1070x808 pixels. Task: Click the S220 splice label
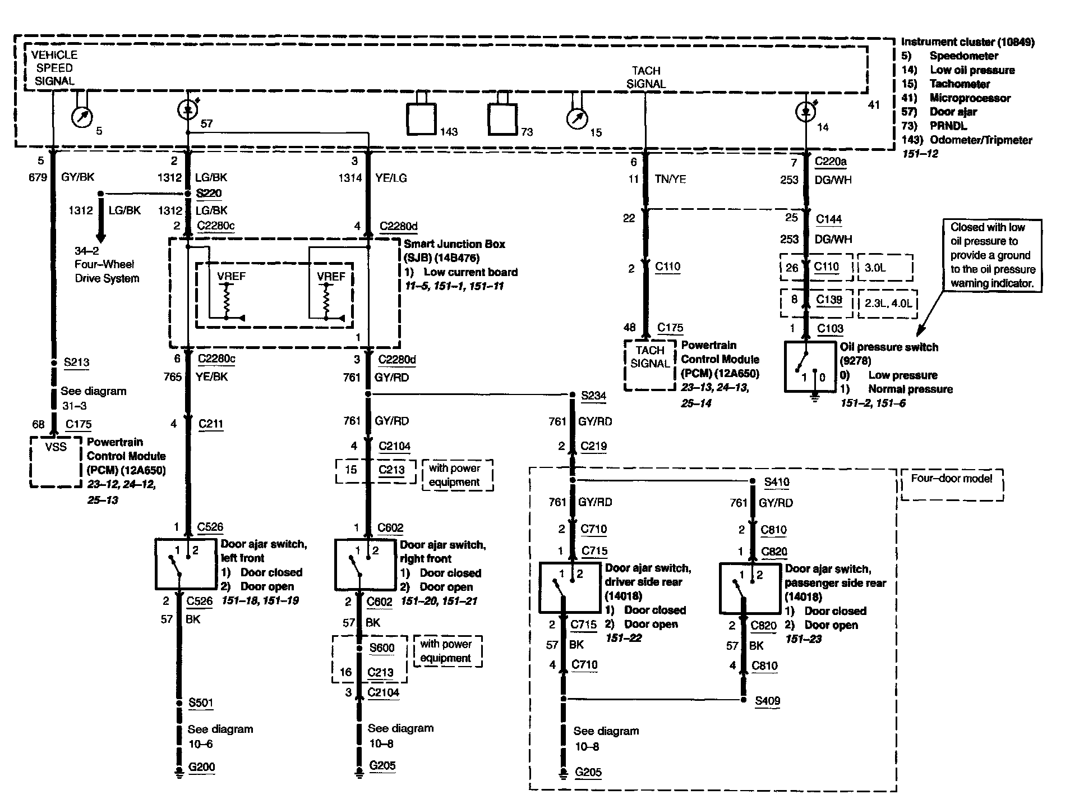[x=209, y=194]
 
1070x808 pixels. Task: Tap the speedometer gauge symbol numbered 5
[x=82, y=117]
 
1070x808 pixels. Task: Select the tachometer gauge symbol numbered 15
[x=577, y=119]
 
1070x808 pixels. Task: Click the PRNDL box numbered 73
[x=502, y=120]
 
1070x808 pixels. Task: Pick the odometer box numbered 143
[x=421, y=120]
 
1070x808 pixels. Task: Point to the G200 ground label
[x=201, y=767]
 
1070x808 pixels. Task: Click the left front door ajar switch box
[x=186, y=563]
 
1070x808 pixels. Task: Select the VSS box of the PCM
[x=56, y=461]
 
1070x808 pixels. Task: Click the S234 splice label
[x=593, y=396]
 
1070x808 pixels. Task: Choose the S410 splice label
[x=776, y=482]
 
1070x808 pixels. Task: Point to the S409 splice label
[x=767, y=701]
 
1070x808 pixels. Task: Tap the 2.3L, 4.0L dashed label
[x=888, y=304]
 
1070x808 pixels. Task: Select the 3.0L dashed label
[x=884, y=268]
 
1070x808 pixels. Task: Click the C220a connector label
[x=831, y=162]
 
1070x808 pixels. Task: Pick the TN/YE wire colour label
[x=670, y=180]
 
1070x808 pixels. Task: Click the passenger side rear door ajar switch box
[x=750, y=588]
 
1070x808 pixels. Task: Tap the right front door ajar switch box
[x=365, y=564]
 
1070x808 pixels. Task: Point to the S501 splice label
[x=201, y=703]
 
